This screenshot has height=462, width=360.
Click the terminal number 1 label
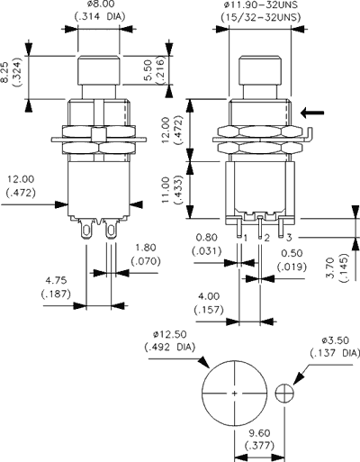coord(244,237)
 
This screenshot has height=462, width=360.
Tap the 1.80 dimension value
coord(147,248)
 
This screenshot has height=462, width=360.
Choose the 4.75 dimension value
coord(57,281)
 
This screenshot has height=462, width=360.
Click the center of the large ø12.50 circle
coord(235,394)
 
